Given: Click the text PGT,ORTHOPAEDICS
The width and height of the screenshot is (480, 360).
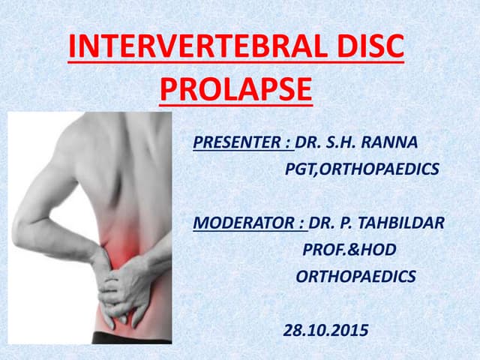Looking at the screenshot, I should [361, 169].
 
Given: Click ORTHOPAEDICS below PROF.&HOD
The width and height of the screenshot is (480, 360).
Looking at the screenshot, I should [355, 276].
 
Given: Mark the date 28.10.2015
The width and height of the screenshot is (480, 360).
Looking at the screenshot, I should [325, 329].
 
